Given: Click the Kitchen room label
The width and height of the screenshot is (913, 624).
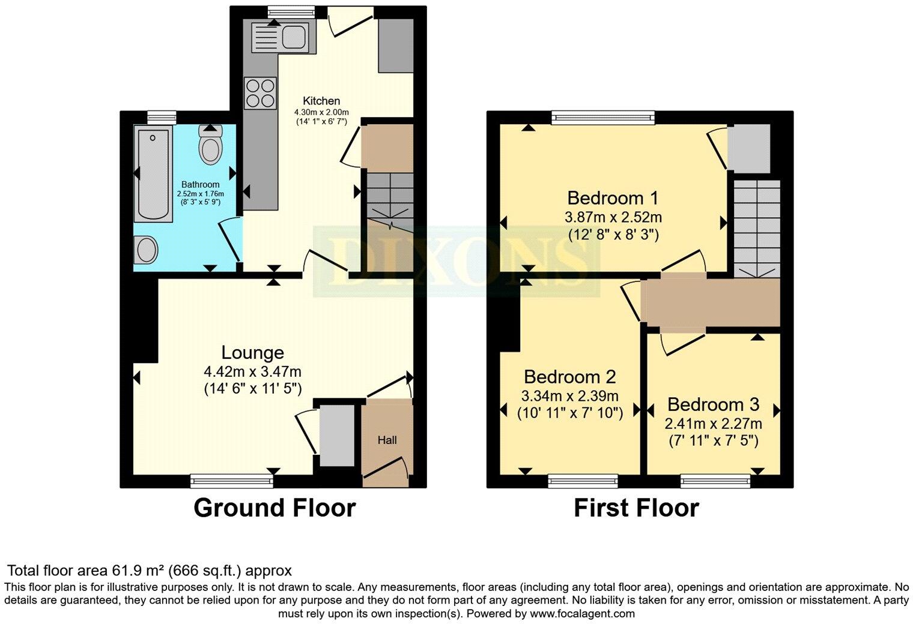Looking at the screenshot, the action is pos(321,101).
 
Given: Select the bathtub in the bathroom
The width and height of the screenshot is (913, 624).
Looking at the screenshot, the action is pos(153,174).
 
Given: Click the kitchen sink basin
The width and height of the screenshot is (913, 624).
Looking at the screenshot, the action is pos(294,35).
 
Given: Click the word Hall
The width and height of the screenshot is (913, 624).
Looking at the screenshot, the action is pos(387,440).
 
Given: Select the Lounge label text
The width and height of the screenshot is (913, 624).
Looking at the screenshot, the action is pos(253,353).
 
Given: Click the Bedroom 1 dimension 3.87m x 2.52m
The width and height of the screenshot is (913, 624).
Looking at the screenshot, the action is pos(613,217).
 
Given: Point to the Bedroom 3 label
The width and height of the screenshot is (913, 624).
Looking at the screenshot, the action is pos(714,404).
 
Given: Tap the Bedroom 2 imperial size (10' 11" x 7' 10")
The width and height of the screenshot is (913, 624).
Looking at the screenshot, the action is pos(570,413).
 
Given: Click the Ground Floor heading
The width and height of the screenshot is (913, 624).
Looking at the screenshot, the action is pos(275,508).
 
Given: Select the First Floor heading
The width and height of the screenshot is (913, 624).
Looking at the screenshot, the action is pos(637,508).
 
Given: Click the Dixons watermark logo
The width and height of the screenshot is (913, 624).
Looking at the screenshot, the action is pos(456,261).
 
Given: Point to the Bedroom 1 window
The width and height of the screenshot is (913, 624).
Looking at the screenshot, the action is pos(603,118).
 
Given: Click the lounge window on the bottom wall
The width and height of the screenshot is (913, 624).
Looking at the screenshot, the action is pos(232,481).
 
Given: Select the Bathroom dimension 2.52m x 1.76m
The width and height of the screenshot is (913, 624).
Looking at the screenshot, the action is pos(201,194).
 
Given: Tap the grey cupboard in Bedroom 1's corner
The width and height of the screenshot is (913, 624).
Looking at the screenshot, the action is pos(749,148).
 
